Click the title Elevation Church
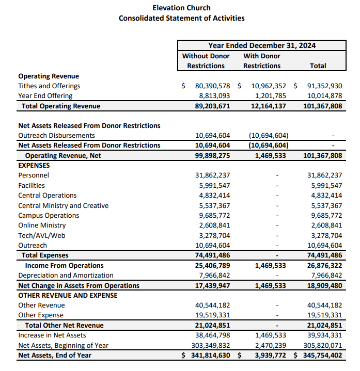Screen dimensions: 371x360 pos(181,8)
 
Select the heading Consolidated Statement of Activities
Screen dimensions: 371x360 pos(181,18)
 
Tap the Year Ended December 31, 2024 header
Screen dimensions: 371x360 pos(262,45)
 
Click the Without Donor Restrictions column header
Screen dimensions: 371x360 pos(206,61)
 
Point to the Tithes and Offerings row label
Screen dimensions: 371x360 pos(49,86)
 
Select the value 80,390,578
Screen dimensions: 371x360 pos(212,86)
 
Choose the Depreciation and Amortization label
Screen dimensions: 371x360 pos(66,276)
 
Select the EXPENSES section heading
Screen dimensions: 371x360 pos(34,166)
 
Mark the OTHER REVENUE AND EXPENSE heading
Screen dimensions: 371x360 pos(68,296)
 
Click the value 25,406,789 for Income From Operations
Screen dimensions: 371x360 pos(212,266)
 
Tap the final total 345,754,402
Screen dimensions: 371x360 pos(321,356)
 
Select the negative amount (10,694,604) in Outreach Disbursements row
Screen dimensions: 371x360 pos(268,136)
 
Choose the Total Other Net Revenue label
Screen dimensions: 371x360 pos(64,326)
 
